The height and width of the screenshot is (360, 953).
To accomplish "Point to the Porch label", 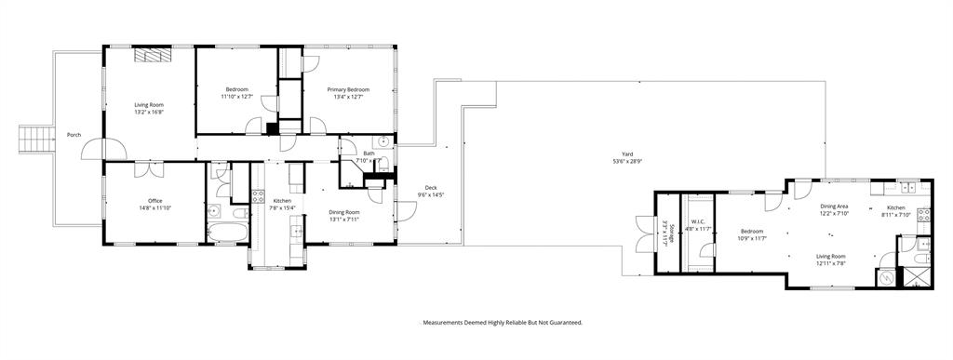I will coord(74,135).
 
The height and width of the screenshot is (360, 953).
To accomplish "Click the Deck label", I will coord(431,191).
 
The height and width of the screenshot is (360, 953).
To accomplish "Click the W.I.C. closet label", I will coord(699,226).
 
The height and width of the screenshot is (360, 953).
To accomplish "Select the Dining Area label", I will coord(833,210).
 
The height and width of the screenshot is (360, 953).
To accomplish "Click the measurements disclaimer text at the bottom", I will coord(503,322).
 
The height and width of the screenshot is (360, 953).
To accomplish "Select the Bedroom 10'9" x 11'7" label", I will coord(752,234).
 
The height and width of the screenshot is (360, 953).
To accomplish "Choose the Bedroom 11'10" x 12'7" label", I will coord(236,93).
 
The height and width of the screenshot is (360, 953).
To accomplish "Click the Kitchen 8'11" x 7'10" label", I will coord(896,211).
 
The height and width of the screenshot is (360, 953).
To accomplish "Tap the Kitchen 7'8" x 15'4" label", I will coord(282,205).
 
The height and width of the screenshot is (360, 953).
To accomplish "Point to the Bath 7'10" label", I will coord(369,156).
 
